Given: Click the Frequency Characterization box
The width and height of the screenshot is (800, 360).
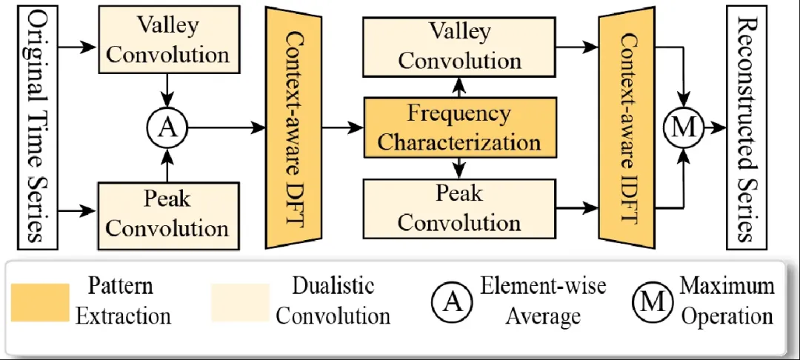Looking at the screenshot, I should pyautogui.click(x=459, y=127).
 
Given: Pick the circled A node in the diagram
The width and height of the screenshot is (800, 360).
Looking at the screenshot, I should pyautogui.click(x=169, y=127).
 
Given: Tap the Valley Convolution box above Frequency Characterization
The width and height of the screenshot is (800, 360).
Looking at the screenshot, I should pyautogui.click(x=459, y=45).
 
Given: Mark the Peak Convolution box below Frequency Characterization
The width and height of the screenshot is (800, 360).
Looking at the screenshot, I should pyautogui.click(x=459, y=208).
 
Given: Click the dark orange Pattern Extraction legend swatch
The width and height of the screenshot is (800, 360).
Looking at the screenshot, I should pyautogui.click(x=41, y=302).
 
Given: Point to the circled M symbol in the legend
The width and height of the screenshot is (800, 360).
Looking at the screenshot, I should pyautogui.click(x=652, y=301).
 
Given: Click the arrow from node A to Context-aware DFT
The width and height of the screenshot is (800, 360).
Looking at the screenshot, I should pyautogui.click(x=225, y=127).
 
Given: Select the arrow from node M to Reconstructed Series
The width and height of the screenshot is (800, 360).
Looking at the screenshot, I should pyautogui.click(x=714, y=127).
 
